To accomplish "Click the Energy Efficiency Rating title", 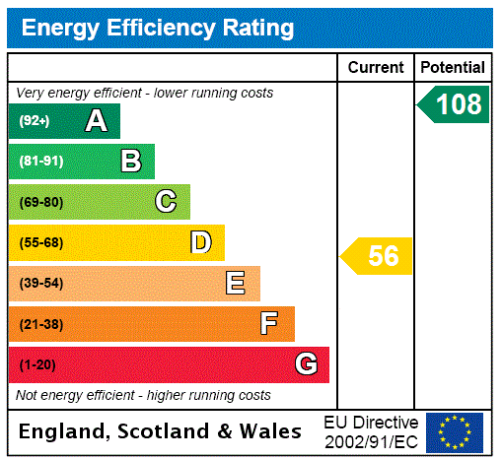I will (x=158, y=28).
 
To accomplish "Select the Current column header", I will (x=376, y=68).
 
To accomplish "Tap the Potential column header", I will (x=453, y=68).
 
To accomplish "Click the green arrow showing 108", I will (x=456, y=104).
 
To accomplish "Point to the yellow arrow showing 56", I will (x=379, y=256).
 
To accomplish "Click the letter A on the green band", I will (x=96, y=121).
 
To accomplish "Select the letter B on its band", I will (x=130, y=162).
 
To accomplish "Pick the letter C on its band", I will (x=166, y=202).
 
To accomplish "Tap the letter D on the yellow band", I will (x=200, y=242).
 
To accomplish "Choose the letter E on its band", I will (x=236, y=284).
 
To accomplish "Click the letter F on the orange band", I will (x=268, y=323).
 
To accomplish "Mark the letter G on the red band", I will (x=306, y=364).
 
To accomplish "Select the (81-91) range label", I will (x=40, y=162).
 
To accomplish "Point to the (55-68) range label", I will (x=40, y=242).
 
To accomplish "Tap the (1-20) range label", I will (x=37, y=364).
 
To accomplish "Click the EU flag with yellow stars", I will (x=455, y=431).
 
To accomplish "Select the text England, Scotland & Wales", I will (x=161, y=431).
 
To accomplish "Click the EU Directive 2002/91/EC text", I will (x=371, y=431).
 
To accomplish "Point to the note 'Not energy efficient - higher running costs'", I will (x=143, y=395).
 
